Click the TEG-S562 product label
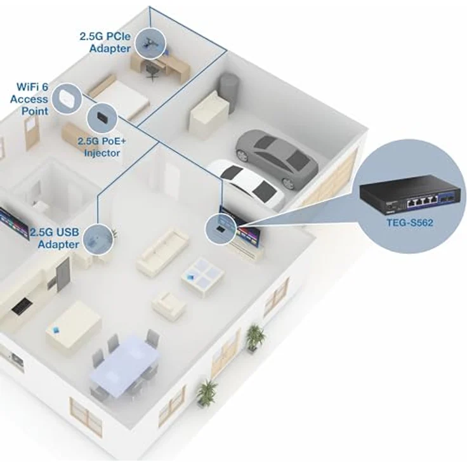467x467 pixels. coord(409,223)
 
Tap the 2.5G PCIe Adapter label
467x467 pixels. coord(105,43)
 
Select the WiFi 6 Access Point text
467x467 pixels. coord(29,99)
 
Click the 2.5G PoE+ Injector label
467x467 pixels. coord(102,147)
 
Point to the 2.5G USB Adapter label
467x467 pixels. coord(55,238)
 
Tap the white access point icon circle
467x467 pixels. coord(67,98)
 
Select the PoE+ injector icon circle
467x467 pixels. coord(102,118)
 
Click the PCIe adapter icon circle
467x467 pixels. coord(150,43)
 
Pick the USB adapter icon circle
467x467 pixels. coord(98,240)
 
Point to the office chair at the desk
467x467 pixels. coord(152,72)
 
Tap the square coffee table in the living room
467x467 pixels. coord(202,277)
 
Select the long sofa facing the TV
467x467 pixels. coord(162,253)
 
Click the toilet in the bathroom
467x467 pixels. coord(39,206)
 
